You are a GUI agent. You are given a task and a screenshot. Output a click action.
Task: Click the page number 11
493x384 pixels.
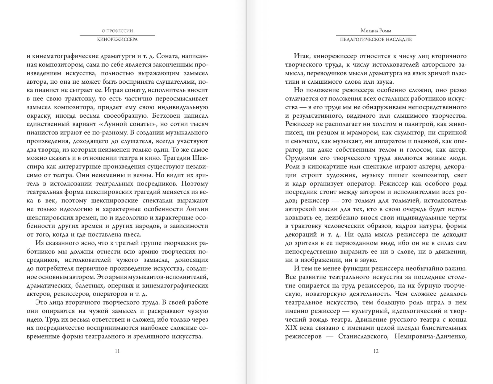coord(117,351)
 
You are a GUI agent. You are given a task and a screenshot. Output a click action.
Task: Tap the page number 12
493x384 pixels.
coord(376,351)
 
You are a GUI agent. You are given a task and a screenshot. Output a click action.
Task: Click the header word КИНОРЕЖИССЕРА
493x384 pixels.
coord(117,39)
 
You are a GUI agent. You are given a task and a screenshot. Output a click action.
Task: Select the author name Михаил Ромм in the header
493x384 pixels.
coord(376,31)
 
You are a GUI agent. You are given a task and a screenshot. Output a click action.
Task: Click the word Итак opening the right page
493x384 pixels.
coord(302,56)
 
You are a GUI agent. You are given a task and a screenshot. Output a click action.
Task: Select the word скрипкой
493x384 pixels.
coord(453,133)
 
